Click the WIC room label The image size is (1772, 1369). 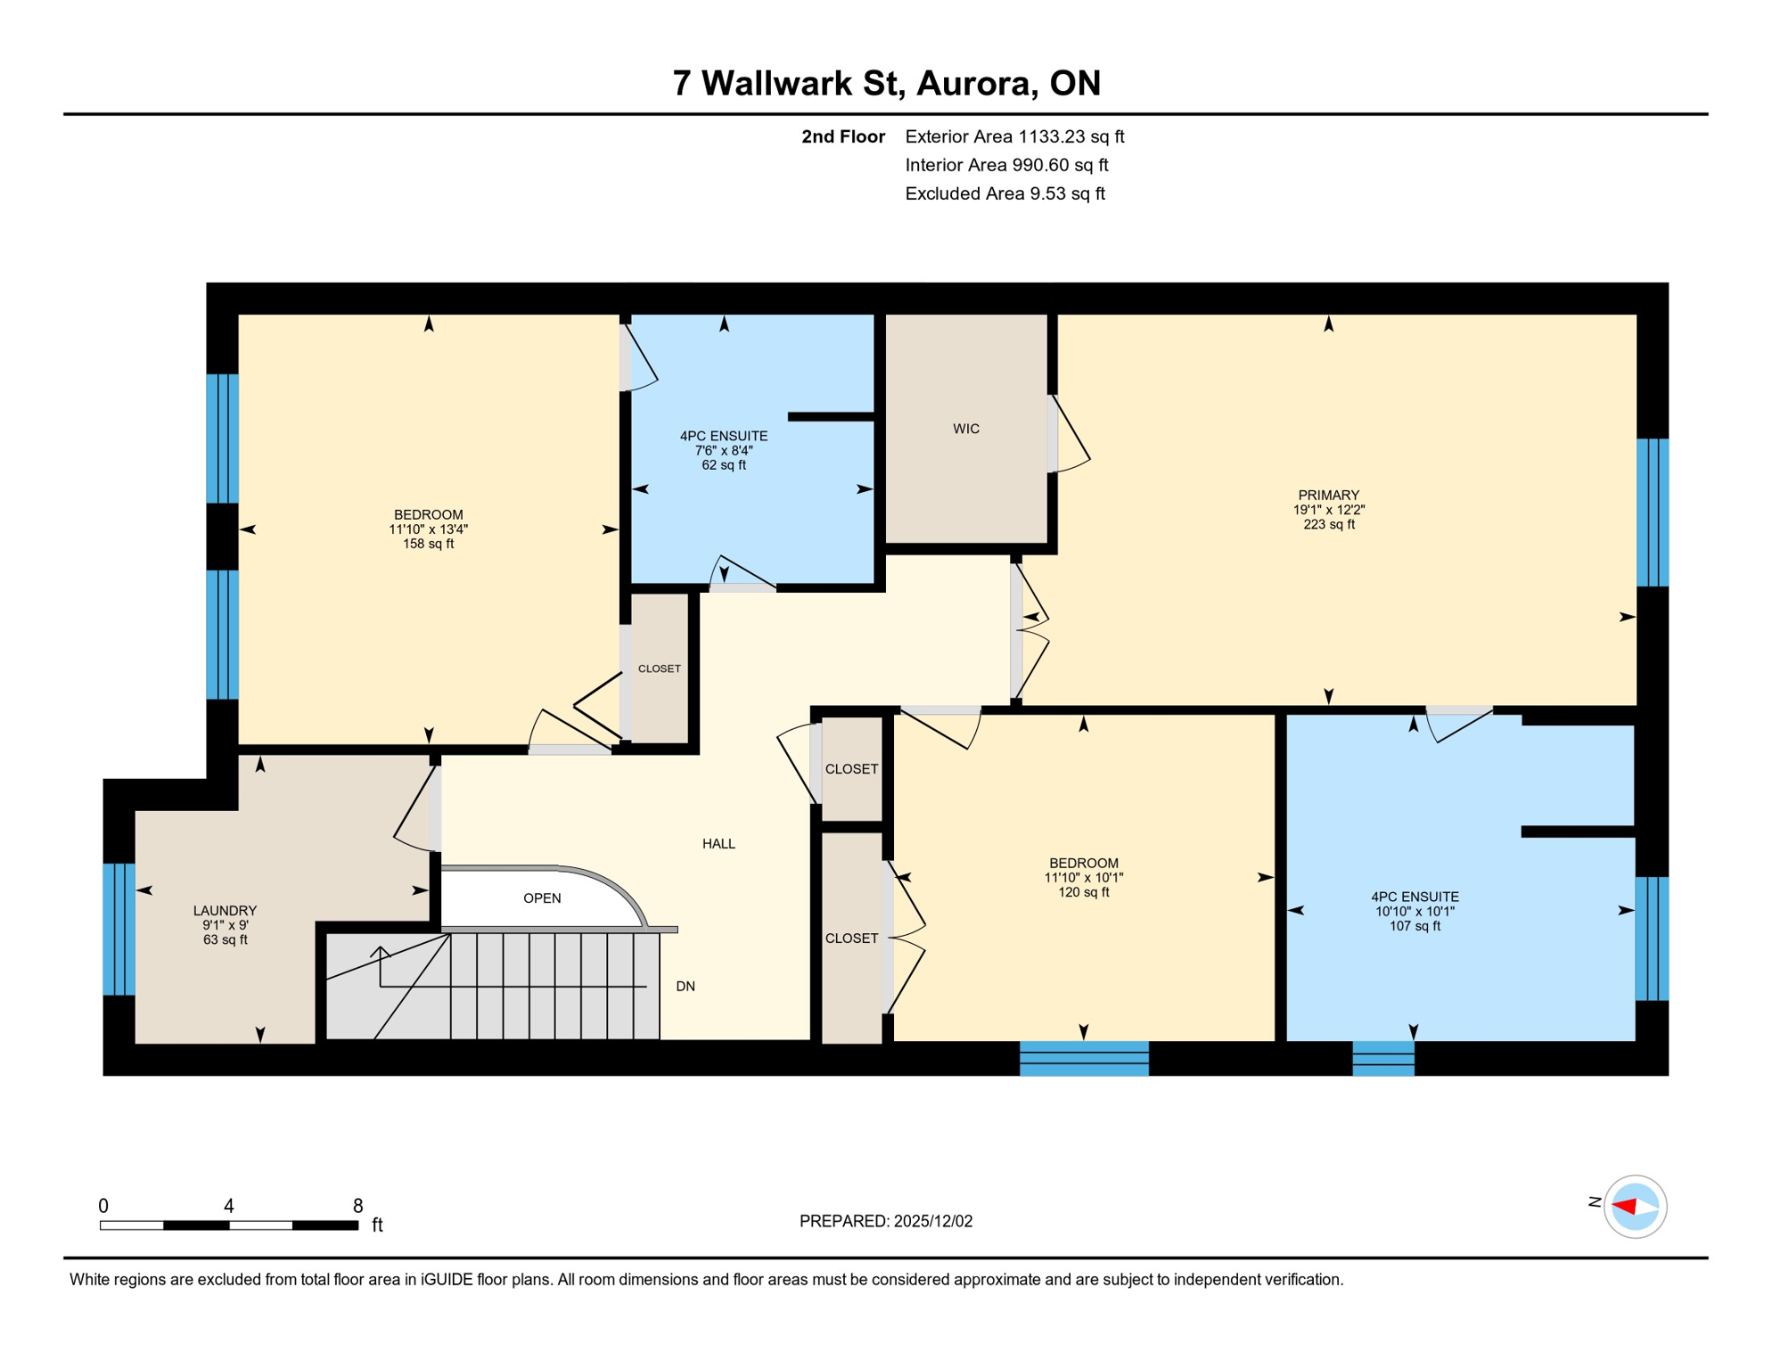pyautogui.click(x=965, y=429)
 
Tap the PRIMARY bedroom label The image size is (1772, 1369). pyautogui.click(x=1328, y=496)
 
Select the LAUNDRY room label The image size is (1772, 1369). pyautogui.click(x=225, y=910)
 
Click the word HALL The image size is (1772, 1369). pyautogui.click(x=718, y=843)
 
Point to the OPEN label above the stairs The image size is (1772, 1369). pyautogui.click(x=542, y=898)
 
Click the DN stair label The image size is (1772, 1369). pyautogui.click(x=685, y=986)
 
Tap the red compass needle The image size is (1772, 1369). pyautogui.click(x=1624, y=1206)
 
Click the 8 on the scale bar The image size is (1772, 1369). pyautogui.click(x=357, y=1206)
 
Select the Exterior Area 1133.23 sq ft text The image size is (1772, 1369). pyautogui.click(x=1014, y=136)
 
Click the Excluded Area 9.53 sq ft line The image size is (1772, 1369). pyautogui.click(x=1005, y=193)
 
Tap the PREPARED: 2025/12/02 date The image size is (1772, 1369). pyautogui.click(x=885, y=1221)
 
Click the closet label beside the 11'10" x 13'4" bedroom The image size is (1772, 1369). pyautogui.click(x=659, y=668)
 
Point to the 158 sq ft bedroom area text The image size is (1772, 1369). pyautogui.click(x=428, y=544)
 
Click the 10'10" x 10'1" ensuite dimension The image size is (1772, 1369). pyautogui.click(x=1415, y=911)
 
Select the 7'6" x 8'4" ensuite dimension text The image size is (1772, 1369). pyautogui.click(x=724, y=450)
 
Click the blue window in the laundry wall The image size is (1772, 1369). pyautogui.click(x=119, y=928)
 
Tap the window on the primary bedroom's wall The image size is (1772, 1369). pyautogui.click(x=1652, y=512)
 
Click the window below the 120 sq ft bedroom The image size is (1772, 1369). pyautogui.click(x=1084, y=1058)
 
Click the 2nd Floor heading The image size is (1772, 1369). pyautogui.click(x=842, y=136)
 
